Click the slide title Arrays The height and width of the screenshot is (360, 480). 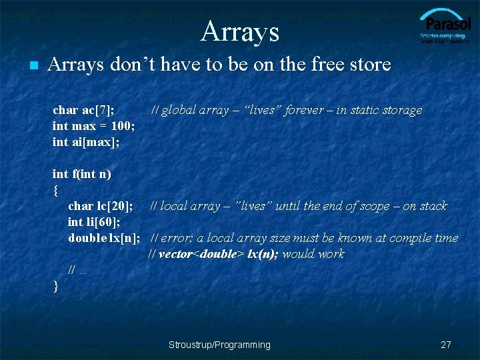point(239,31)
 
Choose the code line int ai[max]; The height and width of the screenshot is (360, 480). point(86,142)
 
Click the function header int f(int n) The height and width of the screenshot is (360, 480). point(81,174)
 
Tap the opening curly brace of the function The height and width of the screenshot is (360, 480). point(55,190)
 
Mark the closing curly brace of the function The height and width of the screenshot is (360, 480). point(55,285)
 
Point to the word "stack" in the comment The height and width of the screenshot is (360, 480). point(433,206)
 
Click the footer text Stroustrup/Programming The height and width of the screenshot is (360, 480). point(219,345)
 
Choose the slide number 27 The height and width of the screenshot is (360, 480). point(446,345)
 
